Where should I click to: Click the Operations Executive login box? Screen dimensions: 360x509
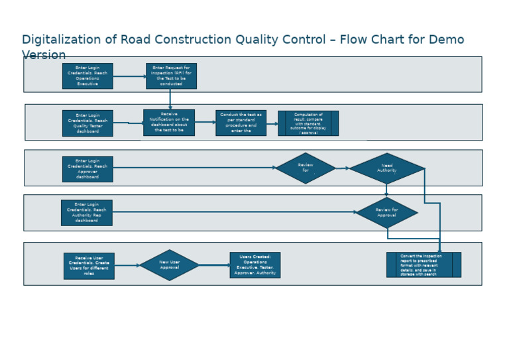(87, 76)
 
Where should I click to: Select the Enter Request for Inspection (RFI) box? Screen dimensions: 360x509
(171, 76)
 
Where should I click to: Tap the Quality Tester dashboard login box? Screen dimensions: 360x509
(87, 123)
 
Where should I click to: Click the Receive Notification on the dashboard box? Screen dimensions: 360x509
(169, 123)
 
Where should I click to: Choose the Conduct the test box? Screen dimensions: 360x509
(241, 123)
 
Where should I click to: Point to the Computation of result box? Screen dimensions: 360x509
(308, 123)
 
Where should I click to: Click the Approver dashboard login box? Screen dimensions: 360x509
(87, 169)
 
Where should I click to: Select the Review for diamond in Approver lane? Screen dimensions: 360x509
(306, 168)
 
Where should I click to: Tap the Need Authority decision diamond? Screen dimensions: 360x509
(387, 168)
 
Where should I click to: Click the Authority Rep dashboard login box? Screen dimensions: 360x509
(87, 213)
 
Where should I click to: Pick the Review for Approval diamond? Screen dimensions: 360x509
(387, 213)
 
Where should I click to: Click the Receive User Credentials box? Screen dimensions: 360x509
(89, 266)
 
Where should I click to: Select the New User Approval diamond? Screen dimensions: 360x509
(170, 265)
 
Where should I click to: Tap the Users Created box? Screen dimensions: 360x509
(255, 265)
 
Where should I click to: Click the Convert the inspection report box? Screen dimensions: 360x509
(424, 265)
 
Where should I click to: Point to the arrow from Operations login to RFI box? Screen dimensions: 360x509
(129, 76)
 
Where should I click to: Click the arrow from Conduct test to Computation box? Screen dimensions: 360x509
(272, 123)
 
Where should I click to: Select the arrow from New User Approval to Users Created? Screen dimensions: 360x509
(214, 265)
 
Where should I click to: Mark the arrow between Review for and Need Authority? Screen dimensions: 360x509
(342, 168)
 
